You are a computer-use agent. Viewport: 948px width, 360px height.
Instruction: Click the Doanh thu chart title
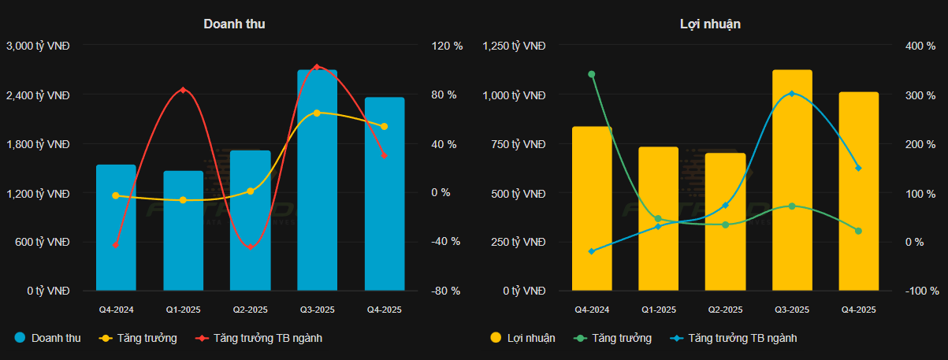click(234, 24)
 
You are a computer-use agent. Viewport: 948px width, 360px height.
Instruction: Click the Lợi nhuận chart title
click(710, 24)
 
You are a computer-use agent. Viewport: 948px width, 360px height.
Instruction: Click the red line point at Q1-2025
click(183, 90)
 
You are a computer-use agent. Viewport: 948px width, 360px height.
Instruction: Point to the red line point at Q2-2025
click(250, 247)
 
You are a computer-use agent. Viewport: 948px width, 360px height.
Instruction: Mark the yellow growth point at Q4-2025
click(384, 126)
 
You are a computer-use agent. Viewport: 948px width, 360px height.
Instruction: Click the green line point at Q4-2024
click(591, 75)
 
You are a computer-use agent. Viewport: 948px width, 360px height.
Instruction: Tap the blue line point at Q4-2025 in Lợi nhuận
click(858, 168)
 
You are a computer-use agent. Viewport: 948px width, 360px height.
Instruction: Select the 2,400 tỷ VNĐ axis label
click(38, 95)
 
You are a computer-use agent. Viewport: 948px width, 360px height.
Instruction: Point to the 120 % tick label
click(446, 46)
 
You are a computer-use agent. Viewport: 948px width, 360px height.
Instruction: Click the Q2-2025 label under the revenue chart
click(250, 310)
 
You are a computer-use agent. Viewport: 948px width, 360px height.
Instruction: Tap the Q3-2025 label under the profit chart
click(791, 310)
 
